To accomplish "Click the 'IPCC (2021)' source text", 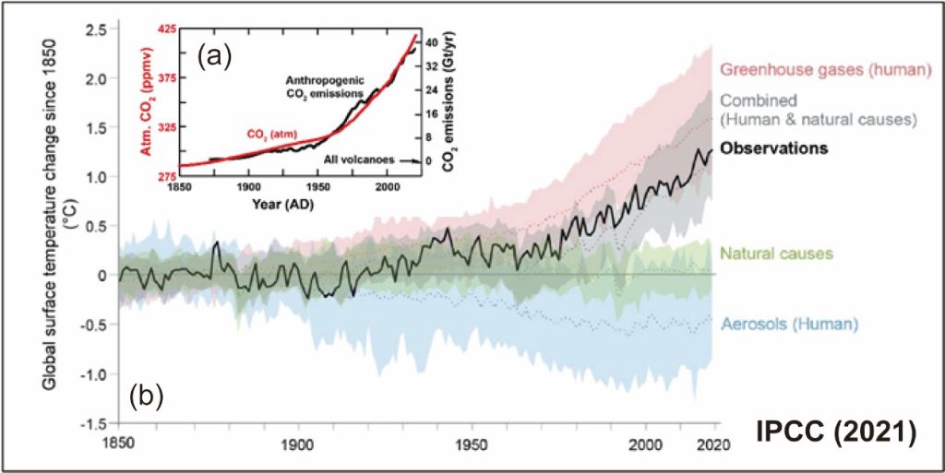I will [836, 432].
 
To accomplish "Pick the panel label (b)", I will [146, 397].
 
